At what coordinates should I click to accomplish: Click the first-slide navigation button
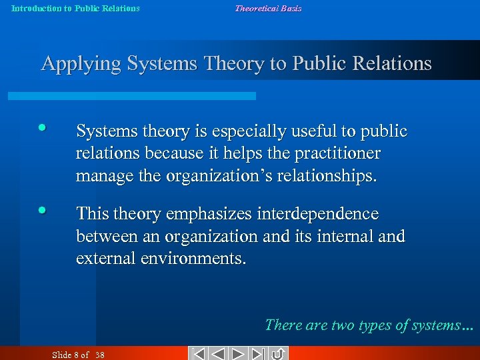click(198, 353)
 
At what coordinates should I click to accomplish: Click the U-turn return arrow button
click(278, 353)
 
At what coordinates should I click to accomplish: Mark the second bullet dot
click(43, 210)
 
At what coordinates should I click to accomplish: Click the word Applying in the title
click(81, 64)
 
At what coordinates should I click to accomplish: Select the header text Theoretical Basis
click(267, 9)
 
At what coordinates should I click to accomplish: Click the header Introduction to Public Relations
click(75, 9)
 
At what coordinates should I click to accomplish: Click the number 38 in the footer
click(100, 354)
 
